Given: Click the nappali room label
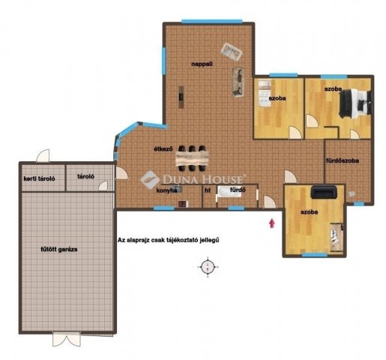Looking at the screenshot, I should (x=201, y=65).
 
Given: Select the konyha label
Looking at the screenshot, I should (x=166, y=190).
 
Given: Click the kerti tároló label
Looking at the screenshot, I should (x=37, y=178).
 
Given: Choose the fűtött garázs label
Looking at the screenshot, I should (x=60, y=248).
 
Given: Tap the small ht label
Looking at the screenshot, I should (x=208, y=190).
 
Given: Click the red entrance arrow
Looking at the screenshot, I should (x=272, y=220).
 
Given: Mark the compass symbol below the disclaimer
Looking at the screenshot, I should (x=209, y=265).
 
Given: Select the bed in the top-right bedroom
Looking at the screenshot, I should (x=355, y=103).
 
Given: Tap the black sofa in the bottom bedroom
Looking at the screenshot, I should (x=323, y=191).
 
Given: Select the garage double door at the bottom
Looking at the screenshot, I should (x=69, y=338).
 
